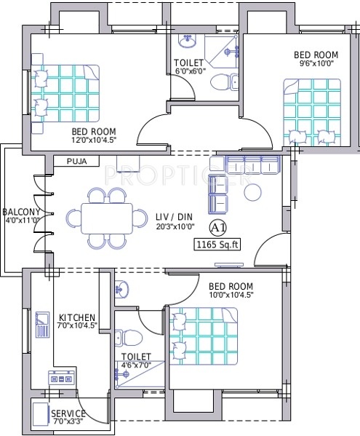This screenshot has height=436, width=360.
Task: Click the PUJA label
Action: coord(76,162)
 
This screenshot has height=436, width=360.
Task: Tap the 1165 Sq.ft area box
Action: coord(217,245)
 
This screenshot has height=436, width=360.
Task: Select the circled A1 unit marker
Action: coord(217,228)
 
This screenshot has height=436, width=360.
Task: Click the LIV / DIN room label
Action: coord(174,217)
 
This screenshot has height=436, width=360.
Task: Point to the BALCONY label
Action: coord(21,212)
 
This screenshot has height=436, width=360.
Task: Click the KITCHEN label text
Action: coord(77,317)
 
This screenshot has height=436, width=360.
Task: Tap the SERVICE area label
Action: coord(68,413)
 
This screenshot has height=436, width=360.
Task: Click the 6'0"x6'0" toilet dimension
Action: coord(191,71)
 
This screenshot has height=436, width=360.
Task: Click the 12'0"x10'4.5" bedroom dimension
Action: coord(94,140)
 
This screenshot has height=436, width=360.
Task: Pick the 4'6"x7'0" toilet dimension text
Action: coord(135,365)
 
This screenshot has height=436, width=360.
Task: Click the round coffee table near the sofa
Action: coord(253,192)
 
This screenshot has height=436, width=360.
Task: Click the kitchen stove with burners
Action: coord(62,378)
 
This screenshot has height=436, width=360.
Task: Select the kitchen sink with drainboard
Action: coord(42,325)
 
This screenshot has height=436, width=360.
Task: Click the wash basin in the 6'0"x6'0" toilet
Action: coord(188,41)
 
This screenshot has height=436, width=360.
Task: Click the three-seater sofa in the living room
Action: coord(253,165)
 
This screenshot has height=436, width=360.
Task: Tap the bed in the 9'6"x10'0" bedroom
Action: coord(312,112)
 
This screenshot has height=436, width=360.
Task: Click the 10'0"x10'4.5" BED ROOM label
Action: coord(231,290)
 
